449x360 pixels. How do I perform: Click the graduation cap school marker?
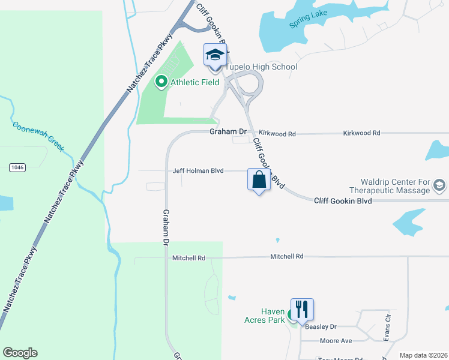point(215,56)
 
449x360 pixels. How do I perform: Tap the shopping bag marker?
point(259,179)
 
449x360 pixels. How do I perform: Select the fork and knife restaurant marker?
point(302,310)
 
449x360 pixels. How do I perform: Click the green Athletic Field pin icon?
point(161,82)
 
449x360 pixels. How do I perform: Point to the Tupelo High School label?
point(261,67)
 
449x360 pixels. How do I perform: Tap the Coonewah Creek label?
point(38,136)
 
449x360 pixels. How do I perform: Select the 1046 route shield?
point(17,167)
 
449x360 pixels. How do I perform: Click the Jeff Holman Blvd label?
point(198,171)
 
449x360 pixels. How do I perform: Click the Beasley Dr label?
point(321,327)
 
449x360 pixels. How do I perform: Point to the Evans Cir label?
point(387,326)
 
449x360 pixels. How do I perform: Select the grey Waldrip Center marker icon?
point(439,185)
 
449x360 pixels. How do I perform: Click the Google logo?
point(20,353)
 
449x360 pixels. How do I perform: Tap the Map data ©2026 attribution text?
point(423,355)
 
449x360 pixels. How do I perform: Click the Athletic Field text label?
point(194,82)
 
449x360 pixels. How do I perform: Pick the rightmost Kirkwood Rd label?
point(361,133)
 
